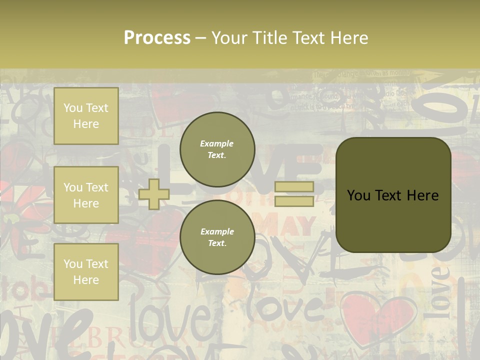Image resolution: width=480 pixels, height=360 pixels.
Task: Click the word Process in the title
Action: point(157,37)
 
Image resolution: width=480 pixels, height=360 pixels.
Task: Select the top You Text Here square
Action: point(86,116)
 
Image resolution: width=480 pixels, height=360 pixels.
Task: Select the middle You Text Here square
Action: point(86,195)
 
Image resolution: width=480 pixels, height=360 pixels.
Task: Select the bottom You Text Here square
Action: point(86,271)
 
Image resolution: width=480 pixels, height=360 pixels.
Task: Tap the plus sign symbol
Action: point(154,194)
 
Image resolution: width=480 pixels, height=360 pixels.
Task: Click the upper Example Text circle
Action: point(217,149)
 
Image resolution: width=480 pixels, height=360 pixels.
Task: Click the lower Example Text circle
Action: point(217,237)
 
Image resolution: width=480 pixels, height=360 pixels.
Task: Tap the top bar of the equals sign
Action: point(294,186)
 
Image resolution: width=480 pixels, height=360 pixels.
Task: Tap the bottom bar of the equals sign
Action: point(294,201)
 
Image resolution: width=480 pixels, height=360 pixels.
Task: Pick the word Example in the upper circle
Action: point(217,143)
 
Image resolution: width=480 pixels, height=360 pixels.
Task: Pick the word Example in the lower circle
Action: point(217,231)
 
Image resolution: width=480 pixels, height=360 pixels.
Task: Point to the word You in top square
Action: point(73,108)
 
